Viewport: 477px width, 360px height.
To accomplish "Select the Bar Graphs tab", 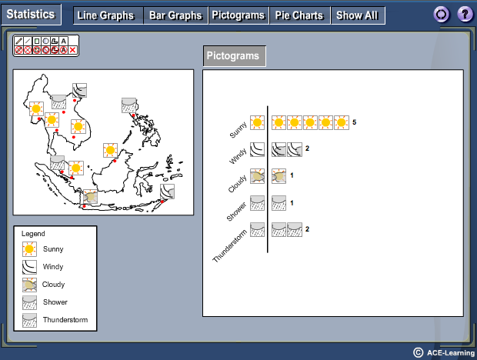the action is click(176, 15).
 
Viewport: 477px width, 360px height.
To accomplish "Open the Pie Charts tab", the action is click(299, 15).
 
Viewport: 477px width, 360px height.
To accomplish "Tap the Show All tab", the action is click(358, 15).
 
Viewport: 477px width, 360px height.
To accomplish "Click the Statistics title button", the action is click(31, 15).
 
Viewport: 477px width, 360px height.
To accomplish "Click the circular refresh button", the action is click(442, 15).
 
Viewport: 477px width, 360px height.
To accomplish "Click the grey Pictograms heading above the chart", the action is click(234, 56).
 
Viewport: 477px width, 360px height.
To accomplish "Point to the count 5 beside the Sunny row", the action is click(354, 122).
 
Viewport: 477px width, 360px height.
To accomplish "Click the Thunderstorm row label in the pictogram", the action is click(229, 246).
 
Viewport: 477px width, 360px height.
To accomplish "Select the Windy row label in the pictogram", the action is click(238, 157).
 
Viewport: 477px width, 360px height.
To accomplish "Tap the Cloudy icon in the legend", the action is click(29, 285).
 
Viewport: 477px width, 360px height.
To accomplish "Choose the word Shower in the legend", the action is click(55, 302).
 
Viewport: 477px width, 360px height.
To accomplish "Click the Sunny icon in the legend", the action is click(29, 249).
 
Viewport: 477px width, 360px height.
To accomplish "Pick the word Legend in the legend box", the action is click(33, 234).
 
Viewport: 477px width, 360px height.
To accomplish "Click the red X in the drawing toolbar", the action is click(72, 50).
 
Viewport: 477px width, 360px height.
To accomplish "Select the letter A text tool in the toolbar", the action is click(63, 41).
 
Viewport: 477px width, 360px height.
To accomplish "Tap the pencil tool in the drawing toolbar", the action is click(18, 41).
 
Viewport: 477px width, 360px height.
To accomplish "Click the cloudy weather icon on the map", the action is click(90, 197).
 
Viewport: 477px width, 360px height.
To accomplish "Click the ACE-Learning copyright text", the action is click(445, 353).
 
